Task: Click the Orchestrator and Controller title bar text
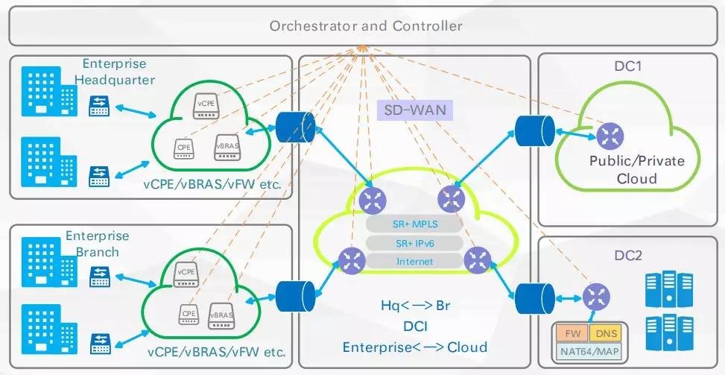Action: [366, 26]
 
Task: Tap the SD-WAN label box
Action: [415, 110]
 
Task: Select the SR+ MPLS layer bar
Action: [414, 223]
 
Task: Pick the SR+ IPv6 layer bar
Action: [414, 242]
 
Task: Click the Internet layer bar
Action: [414, 262]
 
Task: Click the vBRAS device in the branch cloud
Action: [222, 314]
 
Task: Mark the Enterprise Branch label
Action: [97, 244]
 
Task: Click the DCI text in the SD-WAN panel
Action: [414, 327]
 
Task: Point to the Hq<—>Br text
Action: [414, 306]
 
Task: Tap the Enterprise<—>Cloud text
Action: [414, 347]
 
